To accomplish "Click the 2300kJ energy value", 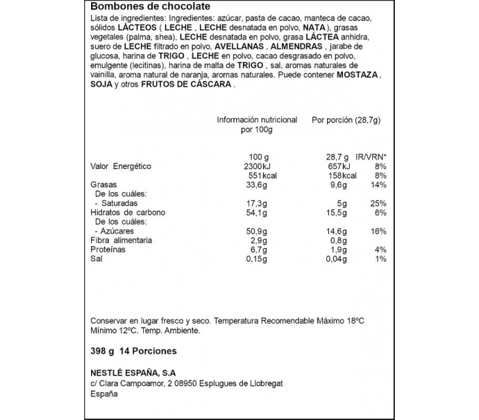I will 258,166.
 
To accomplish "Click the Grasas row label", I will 104,185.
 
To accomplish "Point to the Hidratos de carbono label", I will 128,213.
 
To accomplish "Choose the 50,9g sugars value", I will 258,231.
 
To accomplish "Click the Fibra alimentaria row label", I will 121,241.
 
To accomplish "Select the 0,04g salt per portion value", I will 337,259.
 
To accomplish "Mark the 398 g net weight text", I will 101,351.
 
